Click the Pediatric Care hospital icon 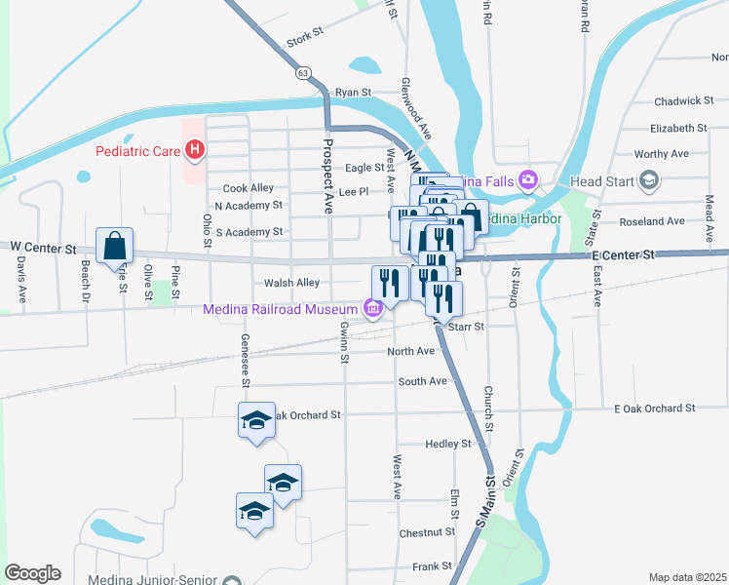[x=195, y=150]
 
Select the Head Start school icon [x=649, y=180]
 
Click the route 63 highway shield [x=304, y=73]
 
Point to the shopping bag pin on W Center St [x=115, y=245]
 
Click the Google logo [x=32, y=572]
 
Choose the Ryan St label [x=354, y=92]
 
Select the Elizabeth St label [x=678, y=128]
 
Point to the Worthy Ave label [x=661, y=154]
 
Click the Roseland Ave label [x=652, y=221]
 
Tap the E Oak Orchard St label [x=655, y=408]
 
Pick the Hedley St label [x=448, y=444]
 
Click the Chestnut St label [x=428, y=532]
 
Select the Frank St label [x=432, y=565]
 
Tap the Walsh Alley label [x=291, y=283]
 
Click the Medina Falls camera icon [x=528, y=179]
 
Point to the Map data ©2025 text [x=687, y=577]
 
